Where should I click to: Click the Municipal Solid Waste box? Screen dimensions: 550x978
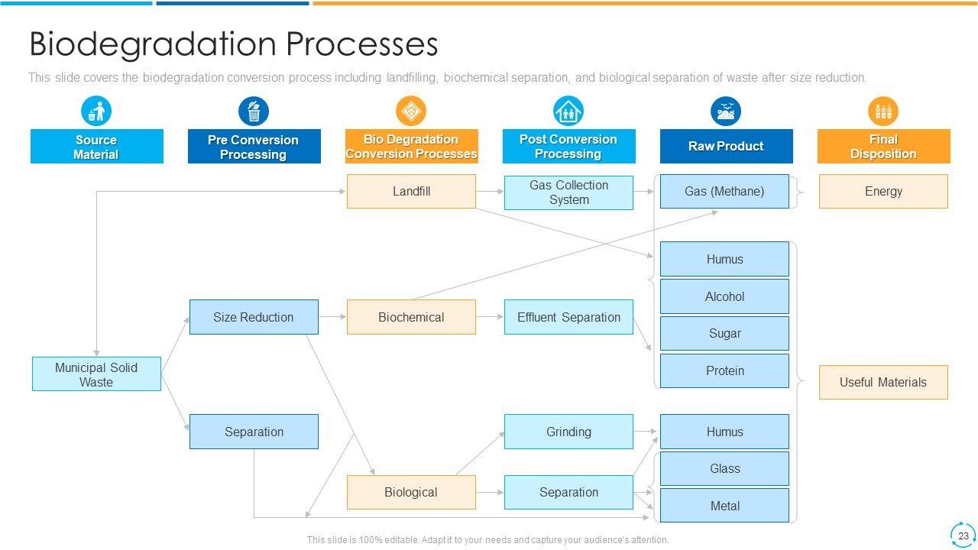[96, 374]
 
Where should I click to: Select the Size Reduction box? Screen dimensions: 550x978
[254, 317]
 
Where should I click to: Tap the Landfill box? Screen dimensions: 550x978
[411, 191]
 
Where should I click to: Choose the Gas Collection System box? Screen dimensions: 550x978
[568, 192]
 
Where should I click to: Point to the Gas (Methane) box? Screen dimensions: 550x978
[724, 191]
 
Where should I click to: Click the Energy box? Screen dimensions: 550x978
[883, 191]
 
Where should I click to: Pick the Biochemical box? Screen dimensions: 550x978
[411, 317]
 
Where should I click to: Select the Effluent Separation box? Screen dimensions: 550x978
[568, 317]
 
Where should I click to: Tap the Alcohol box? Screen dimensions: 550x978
[724, 296]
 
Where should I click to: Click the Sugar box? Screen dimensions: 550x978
[724, 333]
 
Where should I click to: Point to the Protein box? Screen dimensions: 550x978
[724, 370]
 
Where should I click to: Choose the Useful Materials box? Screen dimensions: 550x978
[883, 382]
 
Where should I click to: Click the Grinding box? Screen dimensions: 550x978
[568, 432]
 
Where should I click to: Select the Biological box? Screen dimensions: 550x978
[411, 492]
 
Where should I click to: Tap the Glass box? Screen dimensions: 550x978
[724, 468]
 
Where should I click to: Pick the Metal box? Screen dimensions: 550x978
[724, 506]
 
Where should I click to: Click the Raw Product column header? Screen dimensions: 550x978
[726, 146]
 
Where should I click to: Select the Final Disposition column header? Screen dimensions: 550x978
[883, 146]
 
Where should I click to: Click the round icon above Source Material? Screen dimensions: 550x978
[96, 112]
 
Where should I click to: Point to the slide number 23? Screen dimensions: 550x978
[963, 535]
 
